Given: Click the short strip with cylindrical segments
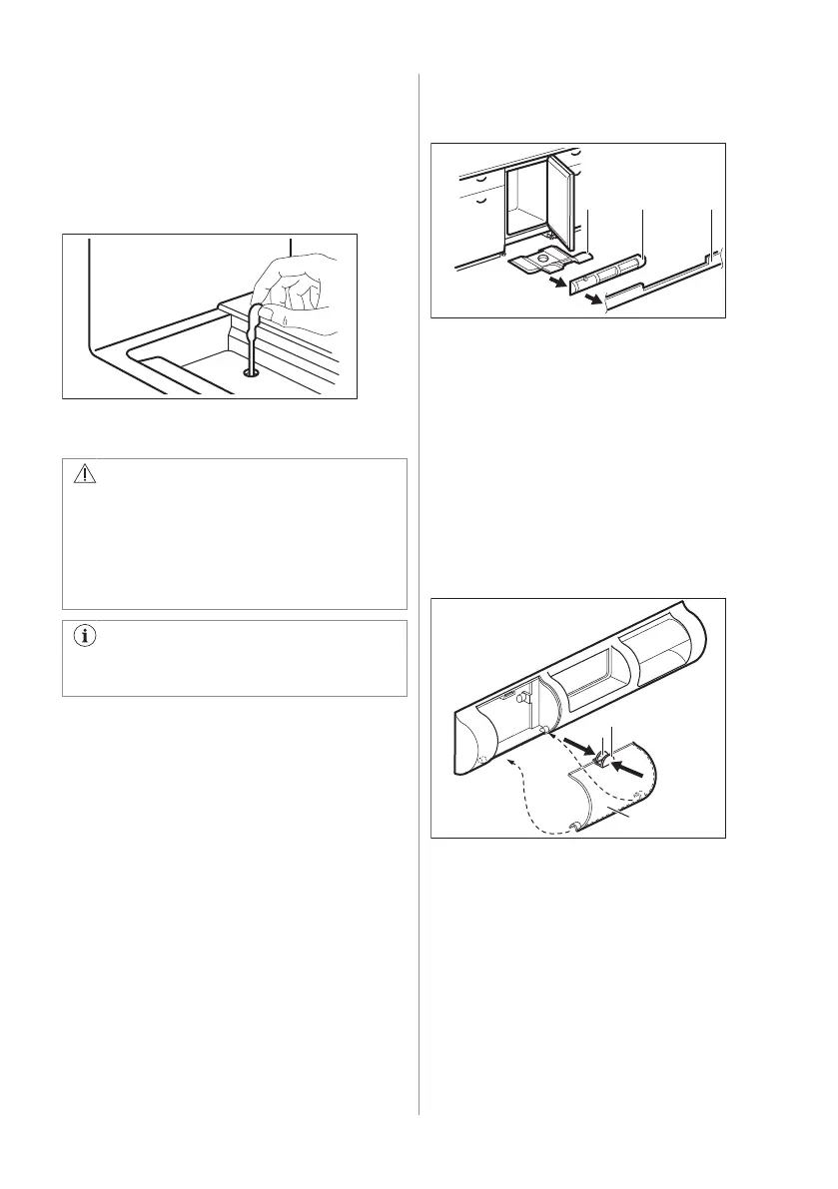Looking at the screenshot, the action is pos(609,271).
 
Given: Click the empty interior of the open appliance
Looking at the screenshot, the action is pos(529,205).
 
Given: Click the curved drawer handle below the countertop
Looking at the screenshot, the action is pos(480,201).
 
